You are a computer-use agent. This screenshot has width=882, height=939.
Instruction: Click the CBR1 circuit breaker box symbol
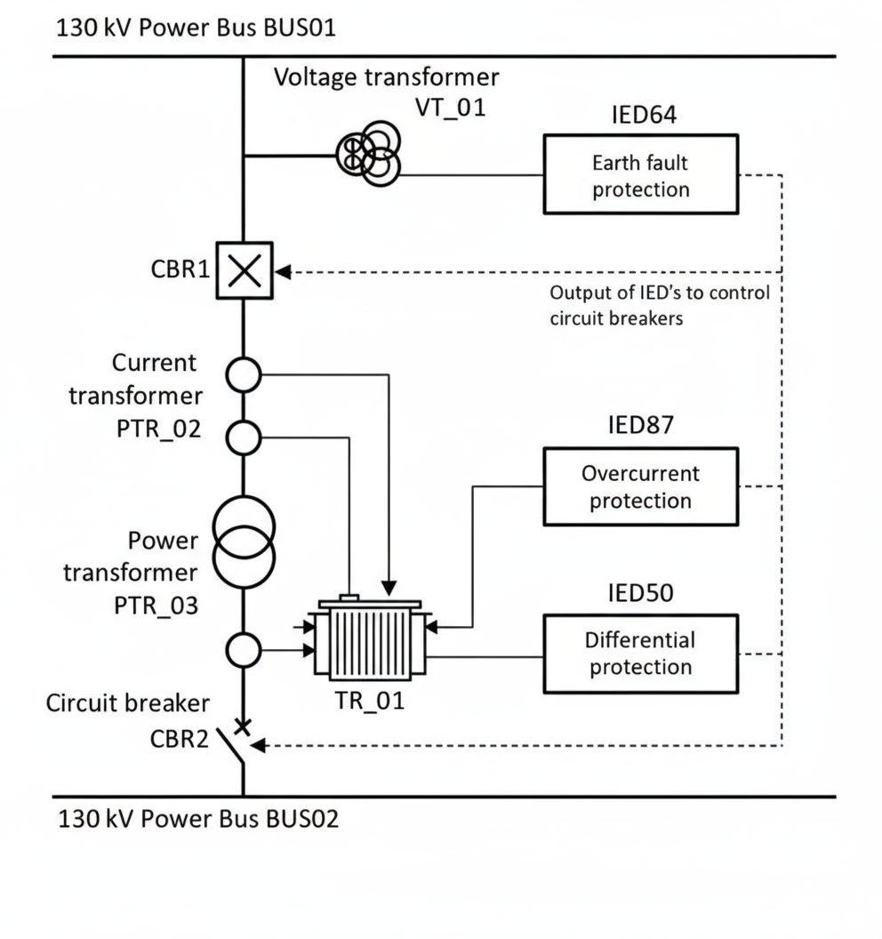tap(243, 270)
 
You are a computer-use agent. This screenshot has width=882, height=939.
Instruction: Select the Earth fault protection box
tap(640, 174)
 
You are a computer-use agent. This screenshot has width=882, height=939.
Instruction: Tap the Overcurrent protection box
tap(640, 486)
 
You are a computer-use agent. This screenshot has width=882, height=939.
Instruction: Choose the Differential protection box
tap(640, 653)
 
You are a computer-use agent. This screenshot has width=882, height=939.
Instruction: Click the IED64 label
tap(641, 116)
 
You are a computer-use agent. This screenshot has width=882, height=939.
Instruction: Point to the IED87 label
tap(641, 424)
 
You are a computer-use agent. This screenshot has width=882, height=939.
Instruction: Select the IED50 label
tap(641, 592)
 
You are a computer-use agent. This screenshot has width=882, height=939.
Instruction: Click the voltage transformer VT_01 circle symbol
tap(368, 153)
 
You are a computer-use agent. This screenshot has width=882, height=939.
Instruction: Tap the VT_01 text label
tap(451, 108)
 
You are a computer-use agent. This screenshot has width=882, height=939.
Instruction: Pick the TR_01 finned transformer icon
tap(369, 638)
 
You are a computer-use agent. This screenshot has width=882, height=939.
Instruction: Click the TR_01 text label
tap(370, 700)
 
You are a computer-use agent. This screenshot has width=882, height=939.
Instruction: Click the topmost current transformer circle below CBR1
tap(243, 375)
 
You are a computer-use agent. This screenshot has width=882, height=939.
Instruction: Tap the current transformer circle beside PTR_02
tap(243, 437)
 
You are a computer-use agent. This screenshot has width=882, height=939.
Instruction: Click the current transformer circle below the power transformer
tap(243, 651)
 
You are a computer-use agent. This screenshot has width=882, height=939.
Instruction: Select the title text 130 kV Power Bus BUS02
tap(198, 818)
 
